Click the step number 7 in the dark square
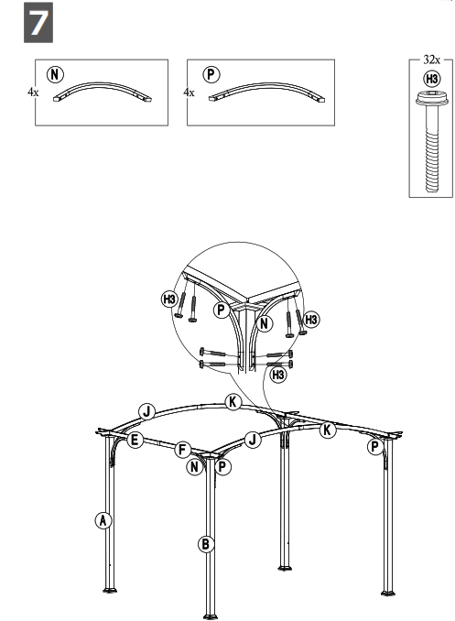click(38, 25)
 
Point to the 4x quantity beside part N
click(34, 93)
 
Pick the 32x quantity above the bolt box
click(429, 59)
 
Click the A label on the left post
click(103, 520)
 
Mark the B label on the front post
click(207, 544)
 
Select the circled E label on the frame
click(135, 441)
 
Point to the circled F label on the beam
click(183, 450)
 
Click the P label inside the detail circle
click(220, 310)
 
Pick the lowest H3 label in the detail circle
click(278, 375)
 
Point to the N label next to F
click(195, 467)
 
